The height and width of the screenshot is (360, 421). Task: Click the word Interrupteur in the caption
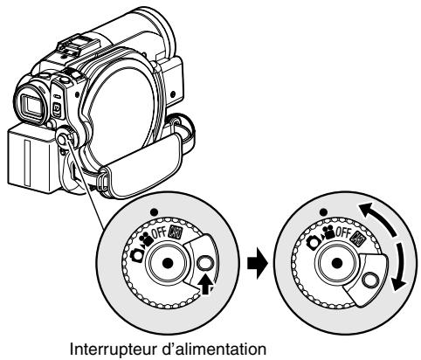click(114, 349)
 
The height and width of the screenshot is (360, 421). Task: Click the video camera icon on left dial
click(147, 240)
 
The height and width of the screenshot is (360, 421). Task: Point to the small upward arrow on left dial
click(205, 285)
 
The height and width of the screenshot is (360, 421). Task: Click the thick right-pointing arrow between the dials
click(257, 263)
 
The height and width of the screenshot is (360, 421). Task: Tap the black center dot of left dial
click(168, 263)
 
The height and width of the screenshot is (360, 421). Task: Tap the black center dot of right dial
click(337, 263)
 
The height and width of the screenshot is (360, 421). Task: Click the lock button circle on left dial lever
click(205, 263)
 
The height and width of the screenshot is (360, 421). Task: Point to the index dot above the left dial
click(155, 212)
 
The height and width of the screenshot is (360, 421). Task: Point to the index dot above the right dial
click(323, 212)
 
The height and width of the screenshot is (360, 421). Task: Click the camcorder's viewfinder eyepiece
click(31, 104)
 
